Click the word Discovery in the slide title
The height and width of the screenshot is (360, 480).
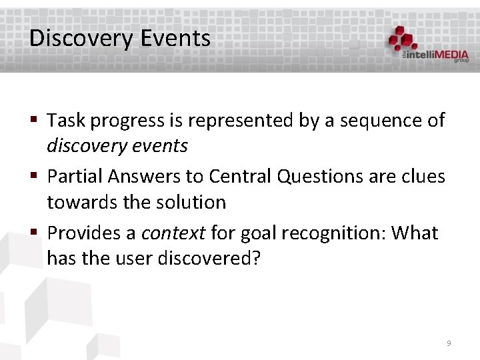click(81, 38)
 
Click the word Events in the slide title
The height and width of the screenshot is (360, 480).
click(175, 38)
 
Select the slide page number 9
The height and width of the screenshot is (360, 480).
click(449, 343)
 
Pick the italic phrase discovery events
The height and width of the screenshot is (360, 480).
click(117, 145)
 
